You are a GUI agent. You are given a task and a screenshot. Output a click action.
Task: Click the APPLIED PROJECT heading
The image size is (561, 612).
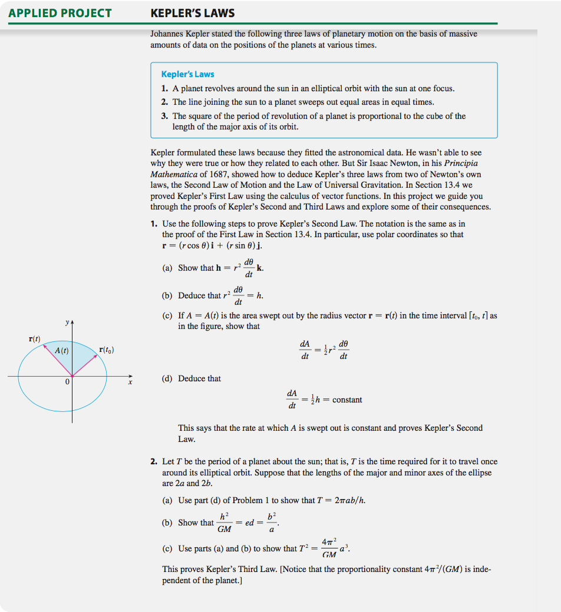click(60, 13)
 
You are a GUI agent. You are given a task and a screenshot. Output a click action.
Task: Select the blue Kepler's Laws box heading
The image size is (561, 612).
click(187, 74)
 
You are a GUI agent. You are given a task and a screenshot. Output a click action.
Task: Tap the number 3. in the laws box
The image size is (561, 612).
click(165, 116)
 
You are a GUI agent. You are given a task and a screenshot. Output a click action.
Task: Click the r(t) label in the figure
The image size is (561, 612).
click(35, 339)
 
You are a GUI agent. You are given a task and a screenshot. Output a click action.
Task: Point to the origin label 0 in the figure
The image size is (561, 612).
click(68, 383)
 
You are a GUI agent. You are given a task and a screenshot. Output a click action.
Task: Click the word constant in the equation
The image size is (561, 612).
click(347, 400)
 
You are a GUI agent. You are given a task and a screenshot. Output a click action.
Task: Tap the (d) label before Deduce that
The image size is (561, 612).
click(167, 378)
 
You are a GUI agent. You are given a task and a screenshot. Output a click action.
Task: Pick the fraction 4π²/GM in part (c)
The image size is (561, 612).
click(329, 548)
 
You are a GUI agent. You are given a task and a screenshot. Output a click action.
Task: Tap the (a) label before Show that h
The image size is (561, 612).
click(167, 268)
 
